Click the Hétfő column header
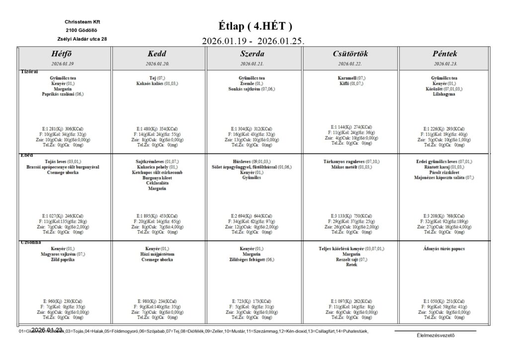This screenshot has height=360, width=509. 63,54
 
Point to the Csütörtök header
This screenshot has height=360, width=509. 350,54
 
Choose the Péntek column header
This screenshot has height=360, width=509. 445,54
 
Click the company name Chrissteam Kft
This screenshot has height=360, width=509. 82,22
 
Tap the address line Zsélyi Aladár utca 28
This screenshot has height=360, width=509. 82,39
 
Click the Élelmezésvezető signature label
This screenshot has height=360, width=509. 435,335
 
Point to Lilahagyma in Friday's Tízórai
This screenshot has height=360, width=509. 445,93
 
